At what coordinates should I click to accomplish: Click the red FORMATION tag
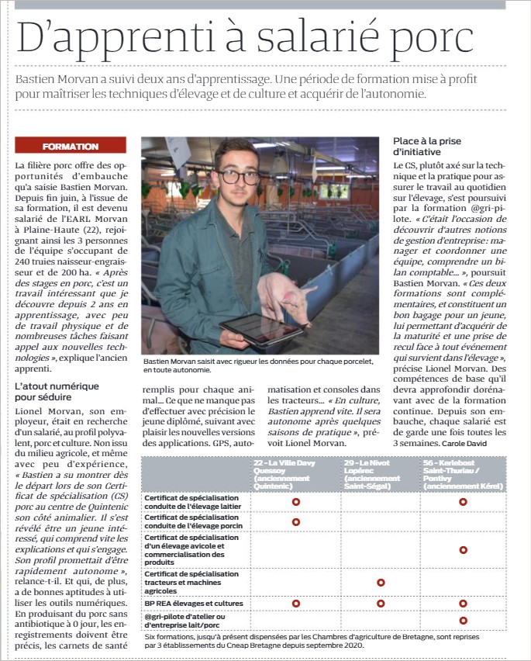71,147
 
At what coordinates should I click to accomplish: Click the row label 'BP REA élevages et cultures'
194,603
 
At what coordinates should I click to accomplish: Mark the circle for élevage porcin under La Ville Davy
295,522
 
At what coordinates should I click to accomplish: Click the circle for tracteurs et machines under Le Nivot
381,582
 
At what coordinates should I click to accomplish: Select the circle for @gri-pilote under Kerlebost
463,621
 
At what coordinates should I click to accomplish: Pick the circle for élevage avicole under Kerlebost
463,549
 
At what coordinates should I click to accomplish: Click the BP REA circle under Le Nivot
381,603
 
